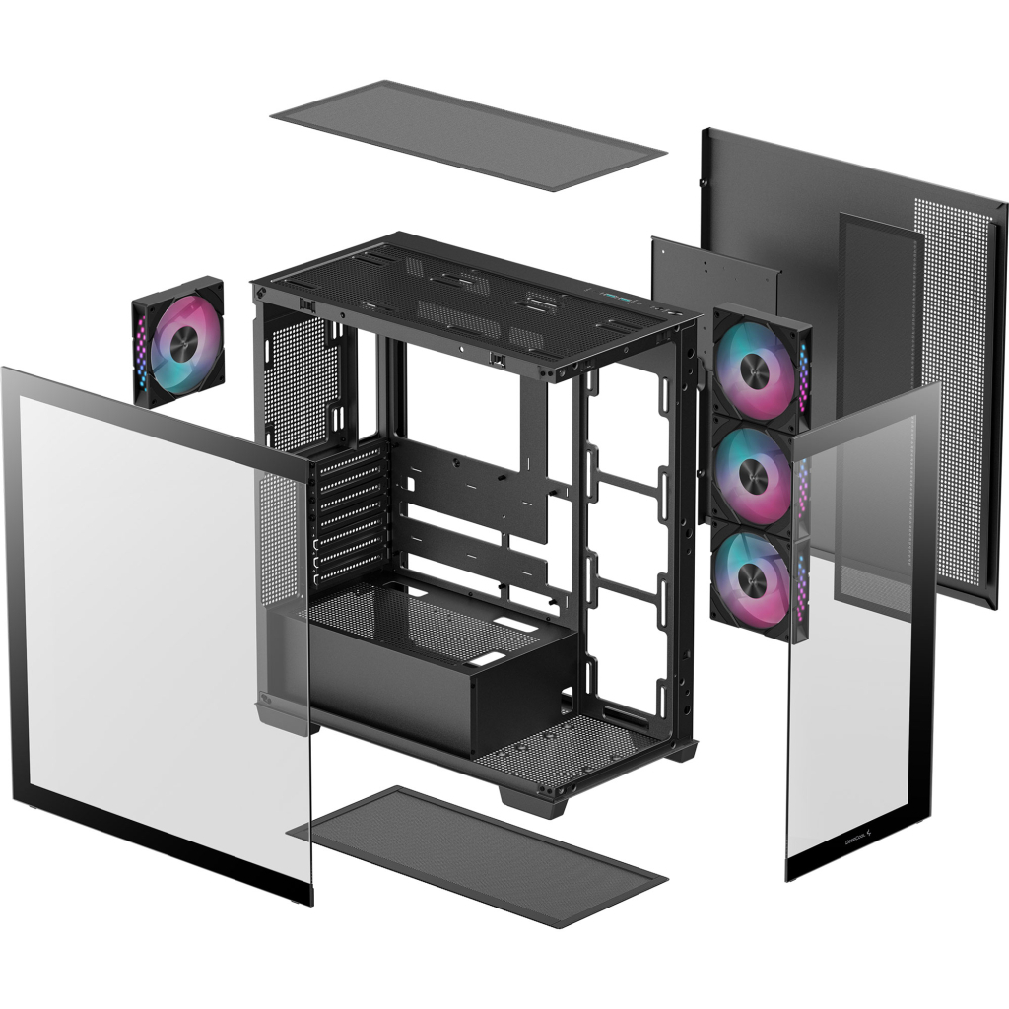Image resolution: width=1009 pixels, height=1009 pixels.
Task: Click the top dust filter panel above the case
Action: click(x=468, y=135)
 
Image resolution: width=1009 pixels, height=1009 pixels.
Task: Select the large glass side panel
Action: click(x=158, y=631)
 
